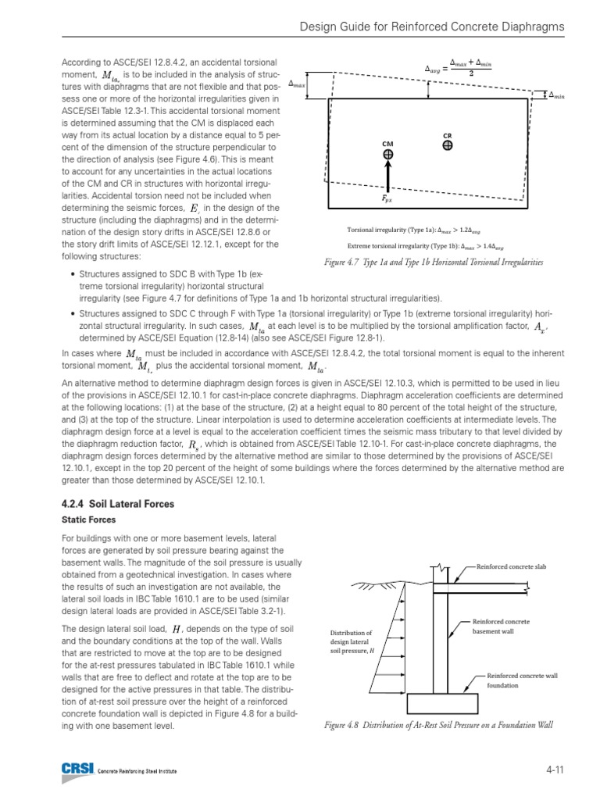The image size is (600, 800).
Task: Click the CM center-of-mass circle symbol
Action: tap(387, 155)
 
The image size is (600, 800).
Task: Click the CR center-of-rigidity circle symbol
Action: tap(447, 145)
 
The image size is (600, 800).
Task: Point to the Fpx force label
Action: tap(387, 198)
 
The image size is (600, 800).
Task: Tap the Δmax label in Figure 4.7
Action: tap(297, 83)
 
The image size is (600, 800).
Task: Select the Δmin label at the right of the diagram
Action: tap(556, 95)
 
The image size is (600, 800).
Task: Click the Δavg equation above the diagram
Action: tap(461, 69)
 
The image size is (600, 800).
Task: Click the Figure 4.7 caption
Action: tap(434, 263)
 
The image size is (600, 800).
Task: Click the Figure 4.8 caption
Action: tap(438, 725)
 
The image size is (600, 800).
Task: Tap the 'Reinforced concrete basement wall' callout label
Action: tap(501, 626)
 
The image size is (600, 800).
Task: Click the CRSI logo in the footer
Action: tap(77, 770)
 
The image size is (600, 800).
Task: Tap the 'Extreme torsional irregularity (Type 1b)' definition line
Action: tap(426, 245)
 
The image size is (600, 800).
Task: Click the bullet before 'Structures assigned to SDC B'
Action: tap(73, 275)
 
